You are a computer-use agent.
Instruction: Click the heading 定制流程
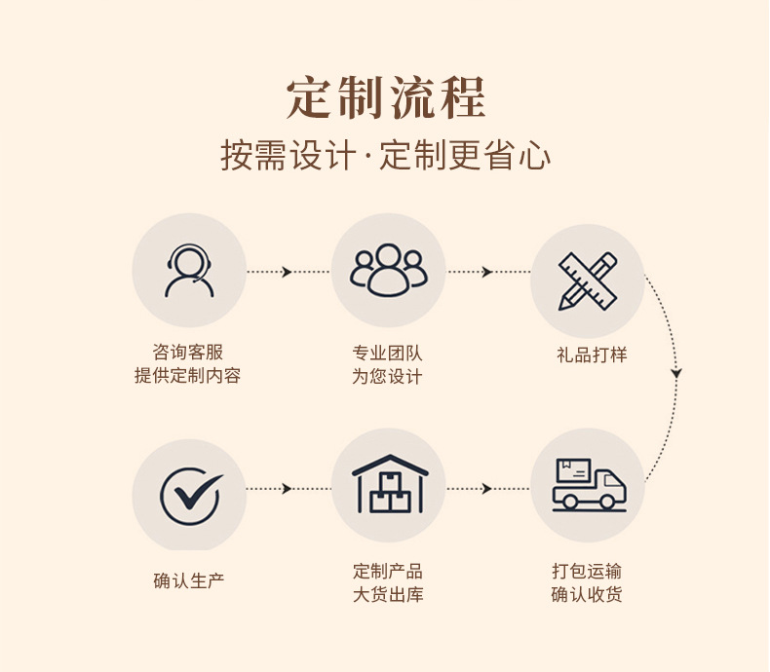(386, 97)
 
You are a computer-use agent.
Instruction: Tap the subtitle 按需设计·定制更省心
(386, 156)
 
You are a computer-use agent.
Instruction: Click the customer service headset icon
(189, 271)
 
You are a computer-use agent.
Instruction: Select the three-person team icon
(389, 271)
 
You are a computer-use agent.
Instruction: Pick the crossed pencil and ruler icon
(588, 280)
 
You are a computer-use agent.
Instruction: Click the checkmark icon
(189, 495)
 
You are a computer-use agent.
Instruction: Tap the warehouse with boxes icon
(389, 485)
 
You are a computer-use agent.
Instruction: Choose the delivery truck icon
(588, 485)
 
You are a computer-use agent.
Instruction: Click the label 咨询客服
(188, 353)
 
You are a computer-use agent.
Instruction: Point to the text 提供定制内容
(188, 376)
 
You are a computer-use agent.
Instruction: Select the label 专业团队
(388, 353)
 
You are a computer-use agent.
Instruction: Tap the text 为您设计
(388, 376)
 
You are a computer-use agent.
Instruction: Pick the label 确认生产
(189, 580)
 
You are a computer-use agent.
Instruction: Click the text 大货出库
(388, 594)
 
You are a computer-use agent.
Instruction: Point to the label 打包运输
(587, 572)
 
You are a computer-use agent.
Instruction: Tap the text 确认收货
(587, 594)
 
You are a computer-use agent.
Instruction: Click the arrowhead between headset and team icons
(288, 272)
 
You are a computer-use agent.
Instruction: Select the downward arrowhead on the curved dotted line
(676, 374)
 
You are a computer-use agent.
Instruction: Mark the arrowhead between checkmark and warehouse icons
(288, 488)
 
